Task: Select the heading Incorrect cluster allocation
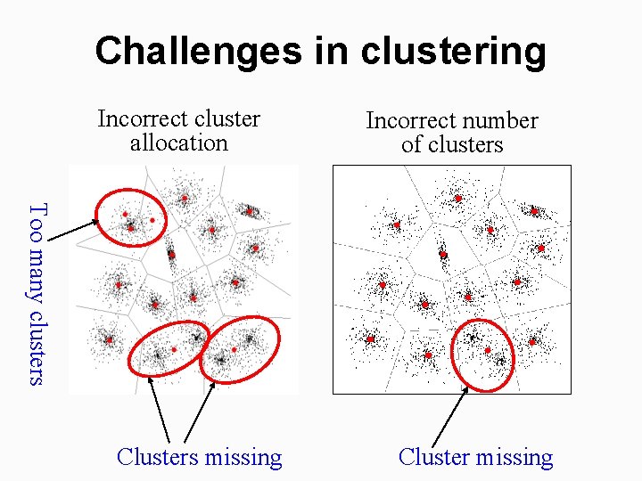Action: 178,130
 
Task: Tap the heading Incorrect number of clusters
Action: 452,132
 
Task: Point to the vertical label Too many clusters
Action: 36,294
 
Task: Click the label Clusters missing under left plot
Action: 199,457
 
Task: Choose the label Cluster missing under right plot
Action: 475,457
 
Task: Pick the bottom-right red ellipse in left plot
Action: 240,348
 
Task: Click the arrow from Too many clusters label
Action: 71,230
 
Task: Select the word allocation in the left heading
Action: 178,143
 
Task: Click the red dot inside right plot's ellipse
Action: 488,350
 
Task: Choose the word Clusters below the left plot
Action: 158,457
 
